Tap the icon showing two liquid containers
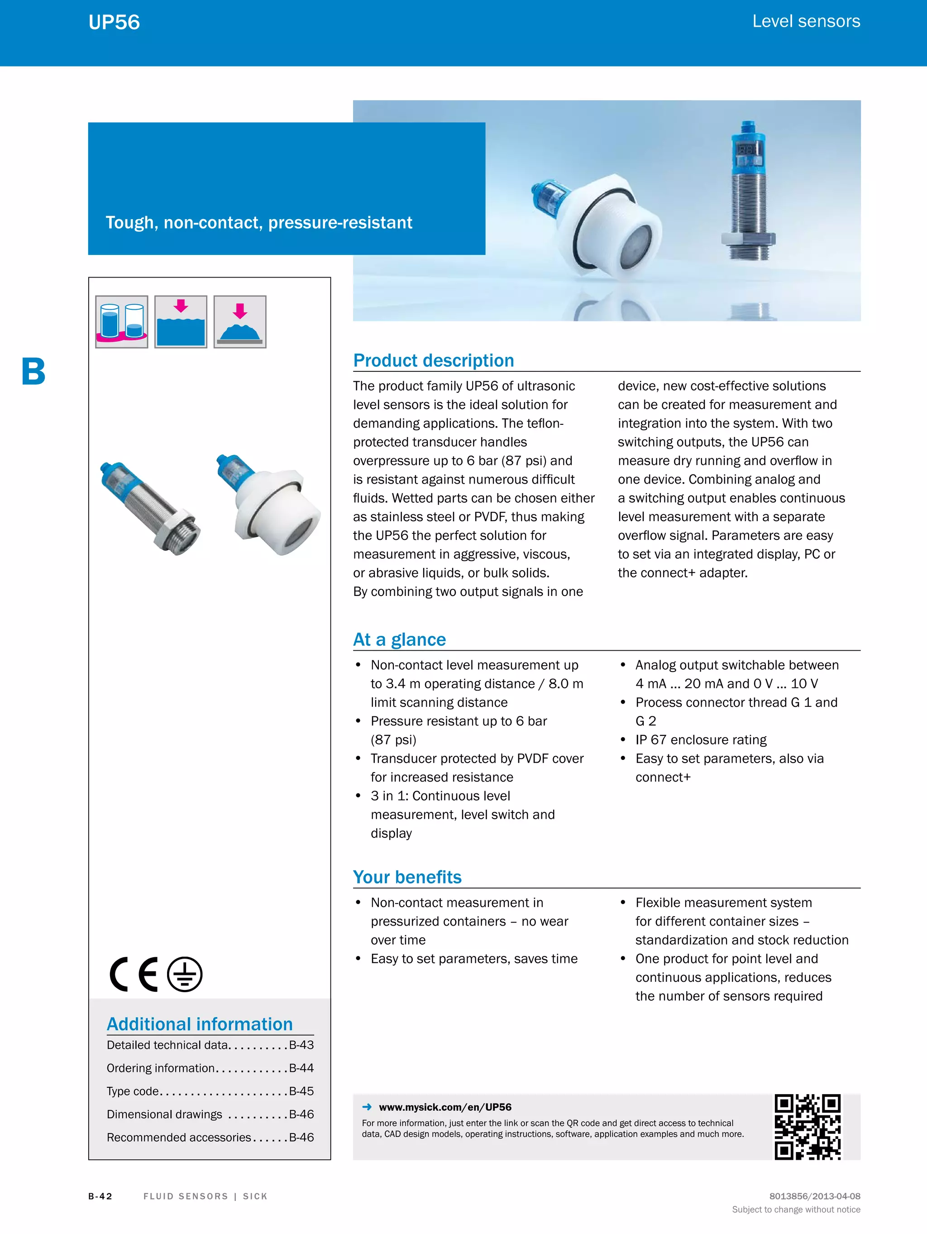[122, 322]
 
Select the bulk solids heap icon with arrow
[240, 322]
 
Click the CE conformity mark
[134, 974]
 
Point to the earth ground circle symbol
[185, 974]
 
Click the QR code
[807, 1127]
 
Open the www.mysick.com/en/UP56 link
[444, 1107]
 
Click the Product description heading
[433, 360]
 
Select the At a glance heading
[399, 639]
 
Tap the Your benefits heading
[407, 877]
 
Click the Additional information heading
[200, 1024]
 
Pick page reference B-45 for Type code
[301, 1090]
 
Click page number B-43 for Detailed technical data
[301, 1045]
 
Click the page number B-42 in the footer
[100, 1196]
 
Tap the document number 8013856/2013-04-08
[814, 1196]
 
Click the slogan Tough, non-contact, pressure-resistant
[259, 223]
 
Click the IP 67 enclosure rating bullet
[701, 740]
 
